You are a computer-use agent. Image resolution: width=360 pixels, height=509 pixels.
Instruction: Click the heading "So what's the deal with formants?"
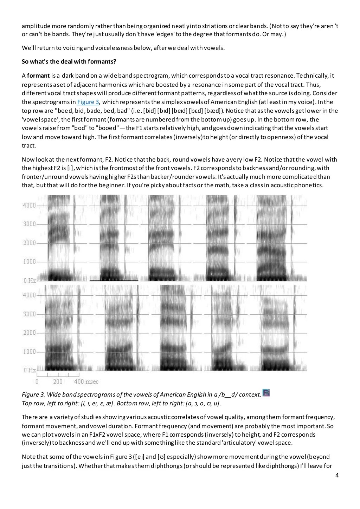[69, 62]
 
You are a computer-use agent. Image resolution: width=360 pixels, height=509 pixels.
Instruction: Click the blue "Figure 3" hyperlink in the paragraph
[88, 102]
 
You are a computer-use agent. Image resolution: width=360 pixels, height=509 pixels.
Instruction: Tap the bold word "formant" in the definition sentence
[38, 76]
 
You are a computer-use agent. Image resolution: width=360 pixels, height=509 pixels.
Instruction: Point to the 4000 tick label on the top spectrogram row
[29, 205]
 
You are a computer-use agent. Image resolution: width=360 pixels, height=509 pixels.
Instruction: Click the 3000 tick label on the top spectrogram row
[29, 224]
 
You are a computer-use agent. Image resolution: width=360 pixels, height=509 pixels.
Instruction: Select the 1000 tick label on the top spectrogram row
[29, 262]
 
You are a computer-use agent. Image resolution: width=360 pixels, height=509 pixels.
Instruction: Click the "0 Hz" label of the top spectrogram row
[30, 280]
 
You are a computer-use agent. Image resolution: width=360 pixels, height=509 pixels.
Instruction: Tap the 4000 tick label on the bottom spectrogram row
[29, 295]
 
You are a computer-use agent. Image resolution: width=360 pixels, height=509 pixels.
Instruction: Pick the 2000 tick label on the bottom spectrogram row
[29, 333]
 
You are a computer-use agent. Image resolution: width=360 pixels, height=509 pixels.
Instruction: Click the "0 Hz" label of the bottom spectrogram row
[30, 370]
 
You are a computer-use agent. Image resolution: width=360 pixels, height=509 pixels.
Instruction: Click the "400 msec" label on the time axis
[86, 381]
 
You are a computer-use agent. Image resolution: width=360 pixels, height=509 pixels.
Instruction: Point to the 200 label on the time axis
[58, 381]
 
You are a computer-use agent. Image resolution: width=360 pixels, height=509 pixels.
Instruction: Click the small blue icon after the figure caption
[266, 393]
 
